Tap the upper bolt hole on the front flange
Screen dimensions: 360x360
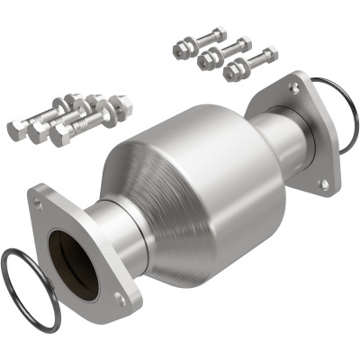[x=38, y=203]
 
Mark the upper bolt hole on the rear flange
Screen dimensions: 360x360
[x=294, y=88]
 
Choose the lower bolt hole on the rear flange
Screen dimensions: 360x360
[x=323, y=184]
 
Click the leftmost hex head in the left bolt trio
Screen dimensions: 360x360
[x=17, y=130]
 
